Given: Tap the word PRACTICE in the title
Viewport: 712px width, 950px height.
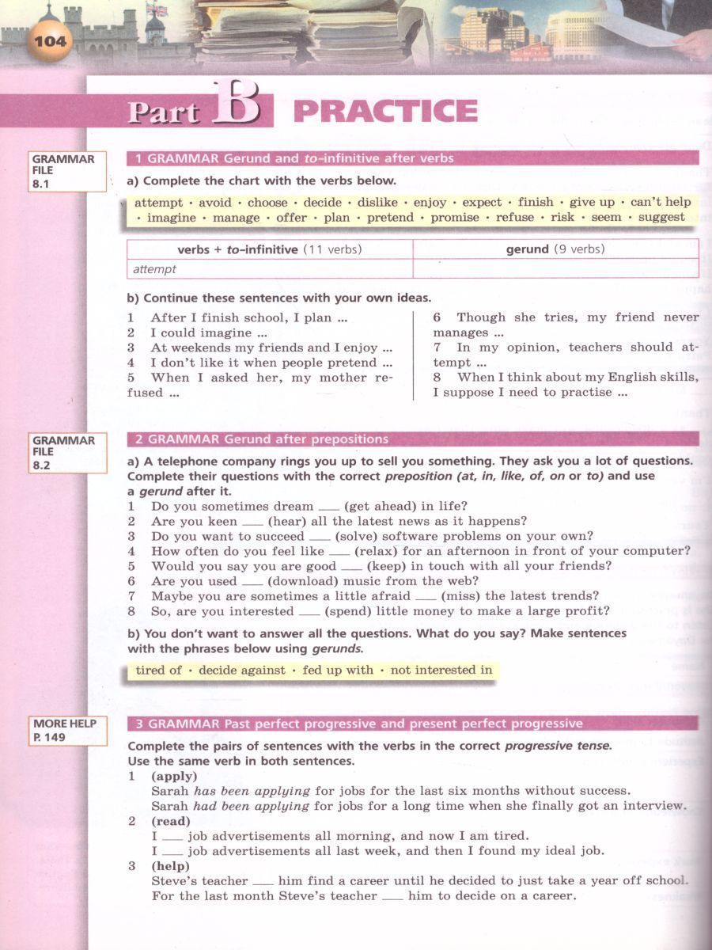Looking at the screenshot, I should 385,112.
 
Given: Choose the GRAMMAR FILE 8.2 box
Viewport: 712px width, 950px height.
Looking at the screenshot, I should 67,453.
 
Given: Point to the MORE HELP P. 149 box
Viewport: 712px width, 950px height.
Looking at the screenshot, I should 67,731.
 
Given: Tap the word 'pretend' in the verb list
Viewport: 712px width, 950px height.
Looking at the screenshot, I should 390,218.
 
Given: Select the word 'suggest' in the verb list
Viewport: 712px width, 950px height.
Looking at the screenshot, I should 661,218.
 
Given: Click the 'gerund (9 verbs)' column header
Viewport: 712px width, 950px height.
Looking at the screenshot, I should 555,249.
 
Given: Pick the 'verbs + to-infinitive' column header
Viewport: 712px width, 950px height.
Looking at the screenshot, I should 269,249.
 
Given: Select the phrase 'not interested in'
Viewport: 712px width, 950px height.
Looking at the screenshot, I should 441,671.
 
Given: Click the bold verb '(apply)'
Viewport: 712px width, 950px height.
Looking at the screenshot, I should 174,776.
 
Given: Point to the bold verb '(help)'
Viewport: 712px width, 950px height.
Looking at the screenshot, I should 171,866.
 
